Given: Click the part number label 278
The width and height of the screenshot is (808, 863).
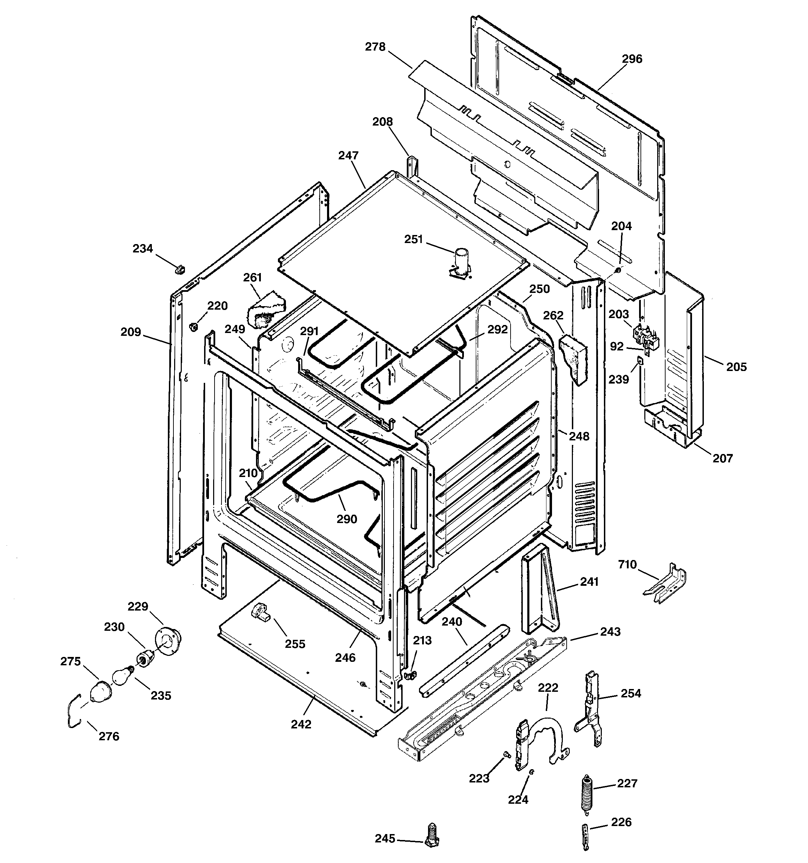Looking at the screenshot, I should point(375,47).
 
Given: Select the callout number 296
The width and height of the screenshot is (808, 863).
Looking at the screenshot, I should point(632,59).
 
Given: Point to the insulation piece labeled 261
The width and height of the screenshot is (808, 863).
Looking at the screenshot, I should point(265,309).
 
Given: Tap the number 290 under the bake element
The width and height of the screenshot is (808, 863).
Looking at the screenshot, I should point(347,519).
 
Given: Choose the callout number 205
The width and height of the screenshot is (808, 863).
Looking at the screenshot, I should point(737,367).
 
